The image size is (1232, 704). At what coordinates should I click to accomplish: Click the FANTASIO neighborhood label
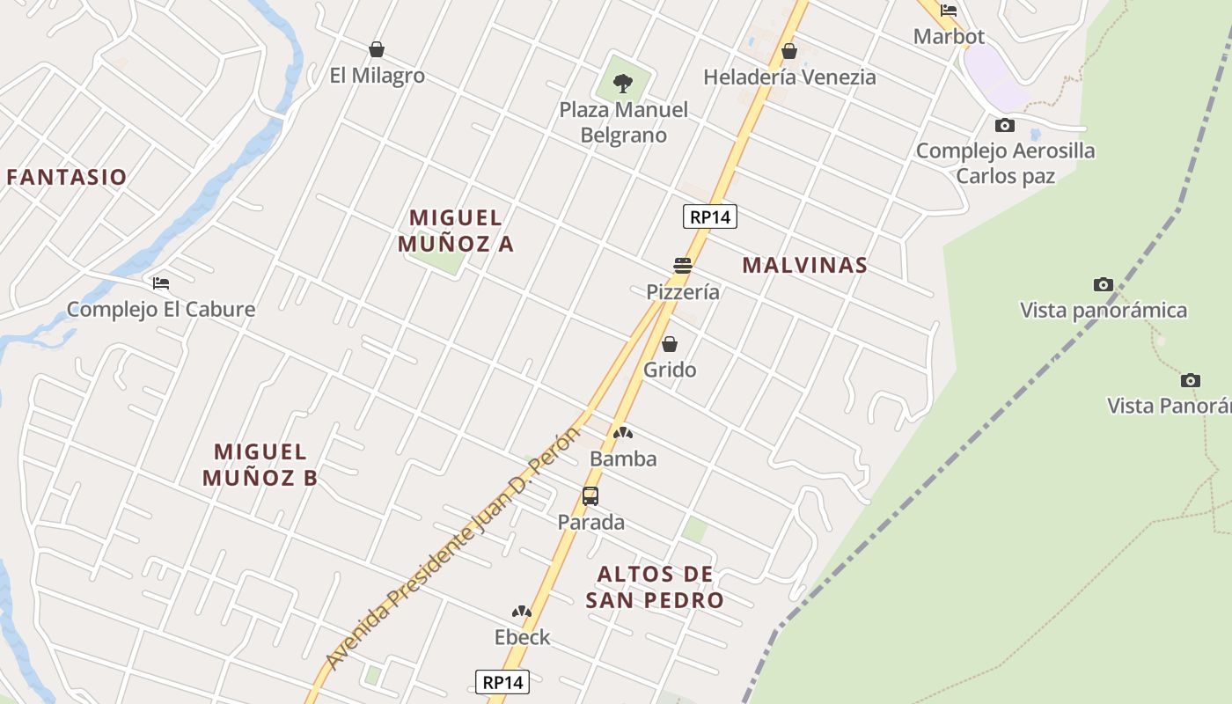click(x=67, y=177)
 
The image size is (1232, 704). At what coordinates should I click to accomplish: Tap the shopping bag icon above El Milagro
click(x=377, y=49)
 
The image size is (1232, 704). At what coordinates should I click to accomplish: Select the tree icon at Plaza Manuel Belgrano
click(x=623, y=84)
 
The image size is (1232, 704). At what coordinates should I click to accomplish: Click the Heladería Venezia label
click(x=789, y=77)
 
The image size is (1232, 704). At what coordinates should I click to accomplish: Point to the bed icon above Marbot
click(x=949, y=11)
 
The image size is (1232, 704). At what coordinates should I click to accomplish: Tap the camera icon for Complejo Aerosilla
click(x=1005, y=126)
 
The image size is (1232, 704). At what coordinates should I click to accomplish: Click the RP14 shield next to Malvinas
click(x=709, y=216)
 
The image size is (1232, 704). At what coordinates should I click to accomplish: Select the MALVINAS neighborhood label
click(x=805, y=265)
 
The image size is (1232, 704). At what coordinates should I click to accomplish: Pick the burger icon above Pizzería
click(x=683, y=265)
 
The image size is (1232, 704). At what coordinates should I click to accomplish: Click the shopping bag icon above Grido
click(x=670, y=344)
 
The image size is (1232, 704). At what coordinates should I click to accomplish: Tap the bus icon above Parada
click(x=590, y=496)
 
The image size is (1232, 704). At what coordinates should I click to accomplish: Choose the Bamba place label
click(x=623, y=458)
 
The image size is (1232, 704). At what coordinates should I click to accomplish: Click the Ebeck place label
click(x=522, y=637)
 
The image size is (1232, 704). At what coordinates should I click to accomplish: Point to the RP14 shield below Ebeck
click(x=502, y=682)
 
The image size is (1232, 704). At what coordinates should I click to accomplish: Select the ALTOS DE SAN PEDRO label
click(x=656, y=587)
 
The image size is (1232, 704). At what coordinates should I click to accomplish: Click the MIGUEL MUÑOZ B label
click(x=260, y=465)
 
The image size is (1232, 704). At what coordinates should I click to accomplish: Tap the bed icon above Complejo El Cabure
click(x=161, y=283)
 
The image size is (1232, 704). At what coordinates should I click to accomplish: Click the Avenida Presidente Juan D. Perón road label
click(x=454, y=546)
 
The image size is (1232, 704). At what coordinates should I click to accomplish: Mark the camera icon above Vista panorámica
click(x=1104, y=284)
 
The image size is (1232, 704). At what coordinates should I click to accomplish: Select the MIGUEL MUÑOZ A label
click(x=456, y=230)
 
